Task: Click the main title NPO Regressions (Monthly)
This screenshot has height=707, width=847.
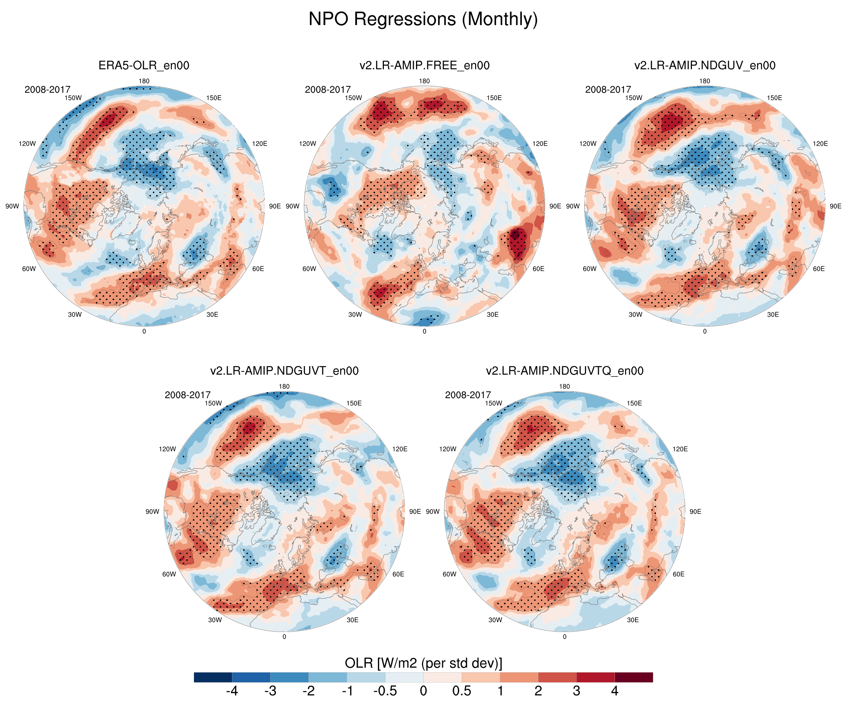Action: (x=423, y=19)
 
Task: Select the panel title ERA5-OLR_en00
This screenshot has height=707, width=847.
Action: (x=144, y=65)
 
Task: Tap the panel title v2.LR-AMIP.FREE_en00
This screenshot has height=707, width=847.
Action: (x=424, y=65)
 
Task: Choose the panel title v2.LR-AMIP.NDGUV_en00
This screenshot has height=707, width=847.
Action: (x=705, y=65)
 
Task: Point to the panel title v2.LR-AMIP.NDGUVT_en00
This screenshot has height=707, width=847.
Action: (x=284, y=371)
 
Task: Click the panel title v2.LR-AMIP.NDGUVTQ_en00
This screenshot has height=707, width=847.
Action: (x=564, y=371)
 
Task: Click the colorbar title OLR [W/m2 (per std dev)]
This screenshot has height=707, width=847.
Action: (x=423, y=663)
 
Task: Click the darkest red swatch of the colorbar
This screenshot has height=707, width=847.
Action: (x=634, y=677)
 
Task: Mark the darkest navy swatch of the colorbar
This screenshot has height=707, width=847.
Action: (x=213, y=677)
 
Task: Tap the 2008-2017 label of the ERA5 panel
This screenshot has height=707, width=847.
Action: (x=47, y=90)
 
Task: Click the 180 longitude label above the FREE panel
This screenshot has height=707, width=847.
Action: (x=424, y=81)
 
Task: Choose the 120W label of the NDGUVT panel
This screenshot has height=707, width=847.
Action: (x=167, y=449)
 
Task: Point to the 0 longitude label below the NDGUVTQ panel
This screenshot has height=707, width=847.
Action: (x=564, y=637)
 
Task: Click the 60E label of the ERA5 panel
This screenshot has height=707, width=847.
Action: (x=258, y=269)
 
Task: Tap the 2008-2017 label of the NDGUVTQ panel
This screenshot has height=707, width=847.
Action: (x=468, y=395)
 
